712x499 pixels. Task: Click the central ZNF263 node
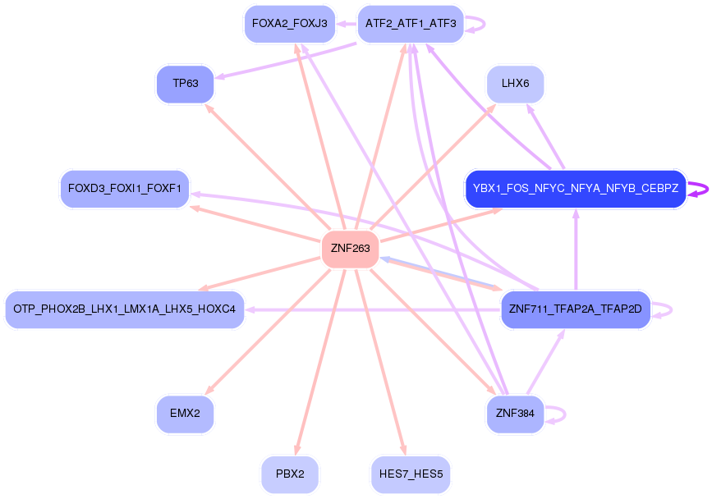[x=350, y=249]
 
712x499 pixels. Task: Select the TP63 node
[x=185, y=84]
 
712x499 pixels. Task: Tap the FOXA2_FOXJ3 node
[x=290, y=24]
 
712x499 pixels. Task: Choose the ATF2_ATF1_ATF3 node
[x=411, y=24]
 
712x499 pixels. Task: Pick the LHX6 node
[x=515, y=84]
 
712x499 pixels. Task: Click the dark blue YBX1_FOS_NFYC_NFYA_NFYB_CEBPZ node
[x=575, y=189]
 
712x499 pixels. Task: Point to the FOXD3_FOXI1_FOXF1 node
[x=125, y=189]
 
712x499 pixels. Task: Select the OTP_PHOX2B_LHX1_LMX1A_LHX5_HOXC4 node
[x=125, y=309]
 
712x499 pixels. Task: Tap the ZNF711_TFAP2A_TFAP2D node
[x=575, y=309]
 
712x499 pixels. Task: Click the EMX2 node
[x=185, y=414]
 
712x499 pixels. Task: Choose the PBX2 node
[x=290, y=474]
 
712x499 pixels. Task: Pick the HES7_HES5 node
[x=411, y=474]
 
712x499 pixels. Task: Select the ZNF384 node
[x=515, y=414]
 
